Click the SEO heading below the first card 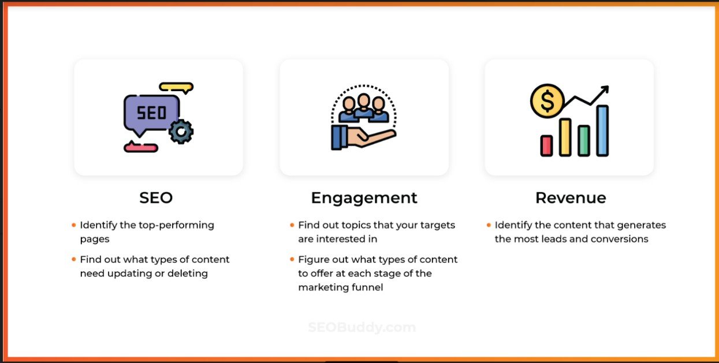click(156, 198)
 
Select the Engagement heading click(364, 198)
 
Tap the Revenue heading click(571, 198)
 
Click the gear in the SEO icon click(181, 132)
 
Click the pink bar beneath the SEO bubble click(140, 148)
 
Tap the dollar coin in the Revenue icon click(546, 101)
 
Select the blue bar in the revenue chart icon click(602, 130)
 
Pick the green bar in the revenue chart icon click(584, 141)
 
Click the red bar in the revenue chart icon click(546, 145)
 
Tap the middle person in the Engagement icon click(364, 107)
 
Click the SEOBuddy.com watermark click(362, 327)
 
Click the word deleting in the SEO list click(188, 273)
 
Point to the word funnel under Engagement click(365, 287)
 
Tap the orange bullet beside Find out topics click(292, 224)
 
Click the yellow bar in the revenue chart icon click(565, 137)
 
